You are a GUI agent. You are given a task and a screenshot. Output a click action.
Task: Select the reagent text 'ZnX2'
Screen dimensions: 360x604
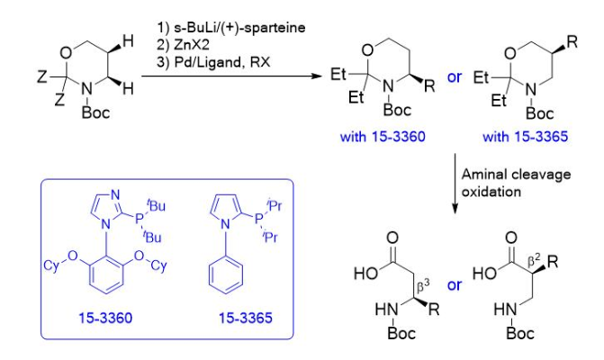pyautogui.click(x=181, y=45)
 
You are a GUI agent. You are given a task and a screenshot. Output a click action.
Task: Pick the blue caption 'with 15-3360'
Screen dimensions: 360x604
pyautogui.click(x=378, y=136)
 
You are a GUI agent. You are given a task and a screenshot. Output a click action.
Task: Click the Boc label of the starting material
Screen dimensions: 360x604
pyautogui.click(x=94, y=113)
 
